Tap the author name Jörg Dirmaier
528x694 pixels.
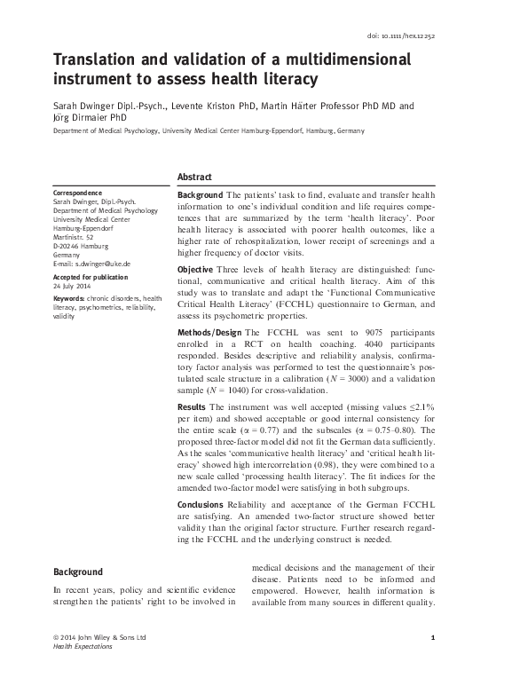click(x=84, y=117)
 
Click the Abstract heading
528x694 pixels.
click(x=195, y=177)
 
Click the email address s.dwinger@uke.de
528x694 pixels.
click(x=99, y=264)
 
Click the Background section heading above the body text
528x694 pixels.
click(x=78, y=572)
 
